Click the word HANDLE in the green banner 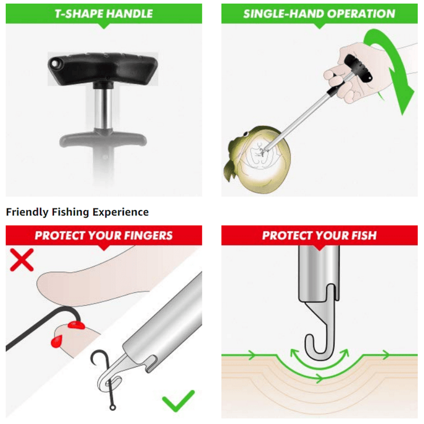pyautogui.click(x=129, y=14)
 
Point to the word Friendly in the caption pyautogui.click(x=27, y=212)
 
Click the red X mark pyautogui.click(x=21, y=260)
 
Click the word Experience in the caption pyautogui.click(x=121, y=212)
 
